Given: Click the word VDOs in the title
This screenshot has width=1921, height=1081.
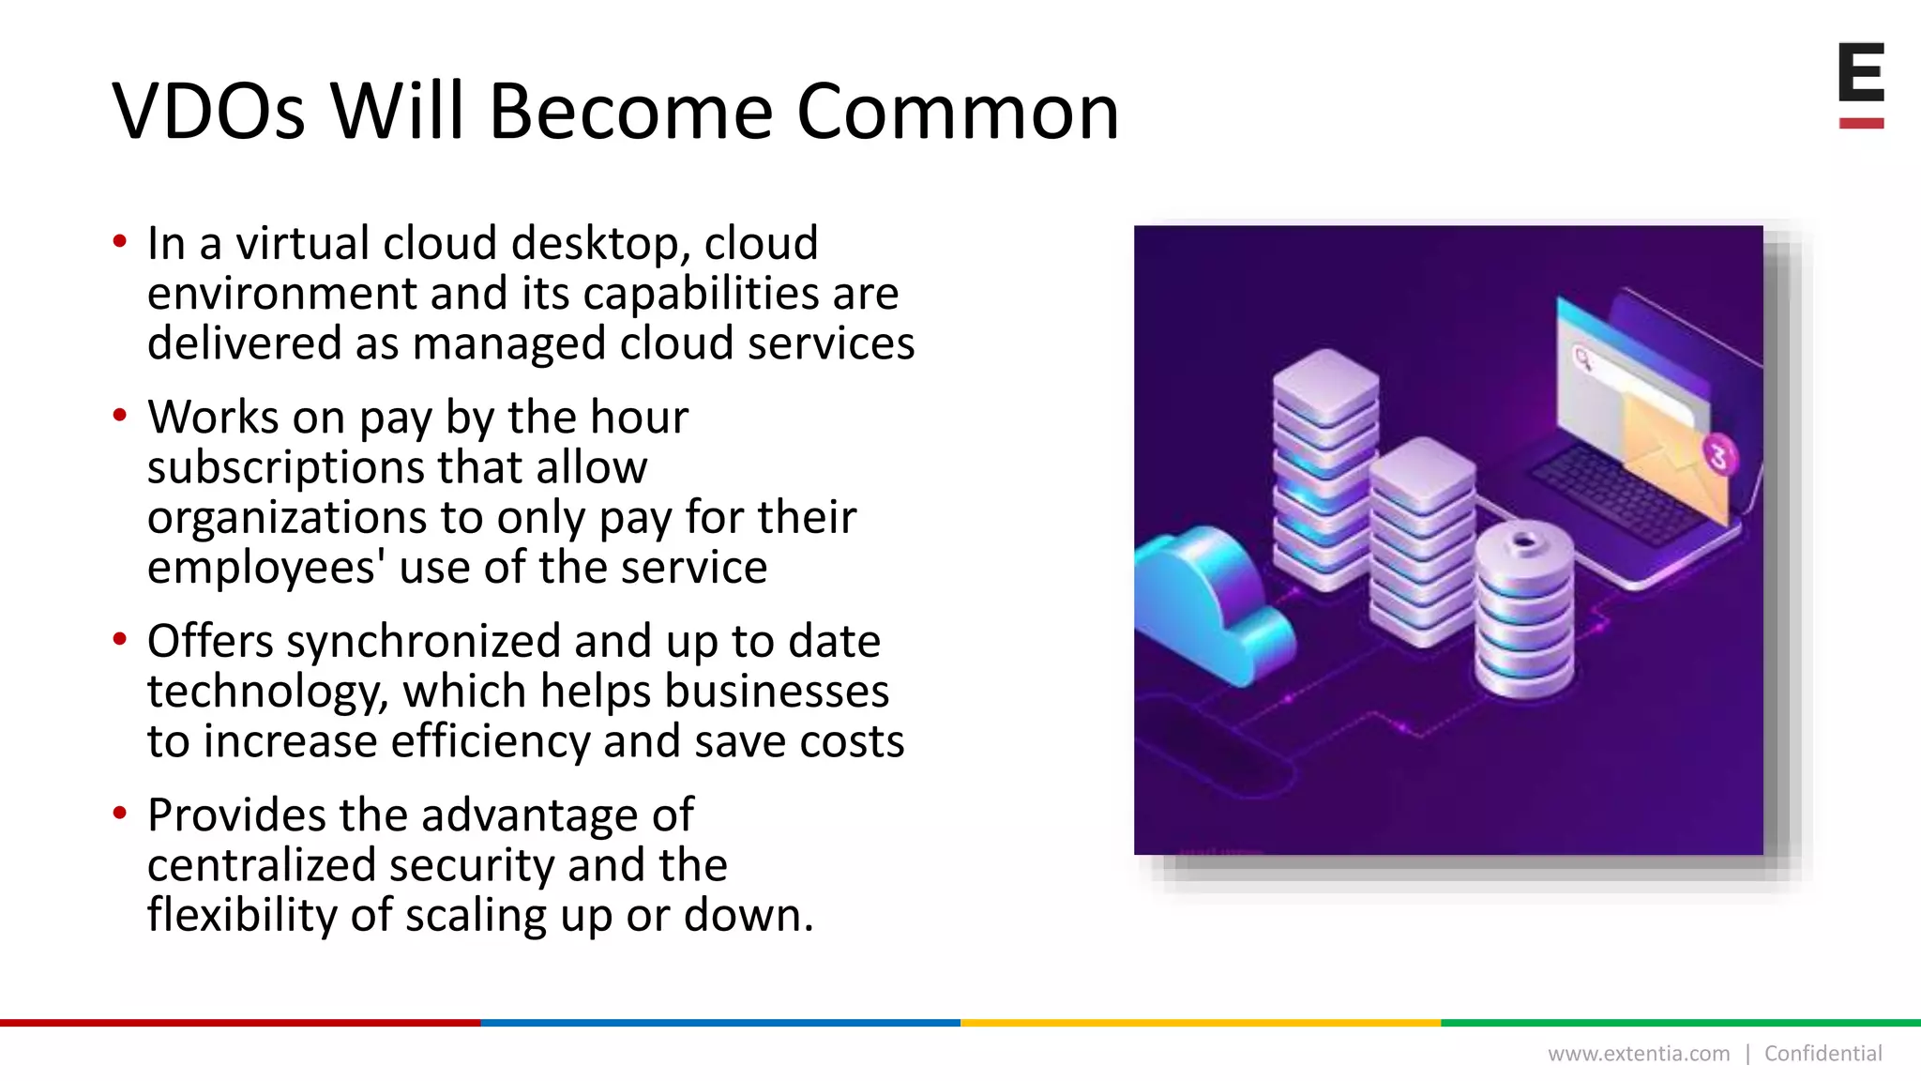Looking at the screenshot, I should point(208,112).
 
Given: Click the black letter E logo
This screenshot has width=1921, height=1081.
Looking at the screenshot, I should point(1861,72).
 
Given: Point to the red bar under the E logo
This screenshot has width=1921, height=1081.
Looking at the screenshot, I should point(1861,123).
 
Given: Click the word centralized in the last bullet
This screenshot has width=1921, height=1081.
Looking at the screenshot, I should point(260,865).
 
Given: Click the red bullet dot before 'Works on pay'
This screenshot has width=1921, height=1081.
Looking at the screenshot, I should point(119,415).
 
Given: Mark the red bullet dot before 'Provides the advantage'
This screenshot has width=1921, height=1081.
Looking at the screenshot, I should point(119,813).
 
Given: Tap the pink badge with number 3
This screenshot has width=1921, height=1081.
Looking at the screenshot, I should point(1718,457).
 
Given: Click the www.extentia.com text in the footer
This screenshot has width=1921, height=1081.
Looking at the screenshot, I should point(1638,1054).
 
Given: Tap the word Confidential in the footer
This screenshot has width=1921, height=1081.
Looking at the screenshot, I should point(1823,1054).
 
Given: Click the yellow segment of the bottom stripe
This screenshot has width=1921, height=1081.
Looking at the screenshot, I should point(1201,1023).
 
